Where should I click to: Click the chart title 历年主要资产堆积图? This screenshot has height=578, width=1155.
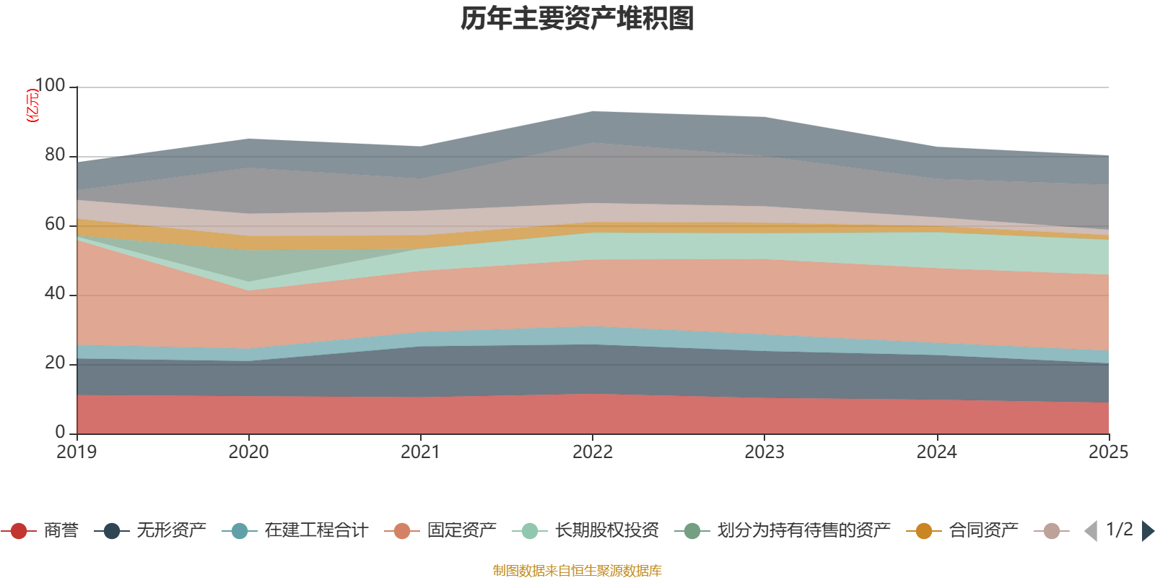coord(577,19)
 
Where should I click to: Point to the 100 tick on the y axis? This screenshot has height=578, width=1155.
coord(50,86)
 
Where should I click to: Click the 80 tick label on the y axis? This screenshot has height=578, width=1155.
coord(54,155)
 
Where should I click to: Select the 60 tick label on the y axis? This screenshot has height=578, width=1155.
coord(54,225)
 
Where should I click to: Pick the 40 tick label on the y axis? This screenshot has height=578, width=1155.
coord(54,294)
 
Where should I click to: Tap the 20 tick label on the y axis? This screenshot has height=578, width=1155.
coord(54,363)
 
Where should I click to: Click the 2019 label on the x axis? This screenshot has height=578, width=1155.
coord(77,452)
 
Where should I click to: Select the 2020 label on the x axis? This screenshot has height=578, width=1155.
coord(248,452)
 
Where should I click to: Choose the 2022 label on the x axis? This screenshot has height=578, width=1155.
coord(593,452)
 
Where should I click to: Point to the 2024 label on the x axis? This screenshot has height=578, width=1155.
coord(936,452)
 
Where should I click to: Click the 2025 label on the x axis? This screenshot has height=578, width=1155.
coord(1108,452)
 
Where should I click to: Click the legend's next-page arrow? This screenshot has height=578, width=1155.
coord(1148,531)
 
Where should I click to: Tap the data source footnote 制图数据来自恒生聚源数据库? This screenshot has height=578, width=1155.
coord(577,571)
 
